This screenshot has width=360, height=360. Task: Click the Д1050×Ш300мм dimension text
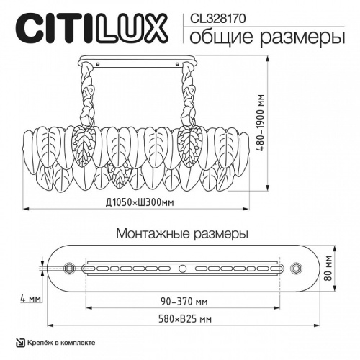[x=138, y=204]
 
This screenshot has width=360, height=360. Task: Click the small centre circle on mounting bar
[x=182, y=269]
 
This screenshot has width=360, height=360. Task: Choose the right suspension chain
[x=190, y=94]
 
